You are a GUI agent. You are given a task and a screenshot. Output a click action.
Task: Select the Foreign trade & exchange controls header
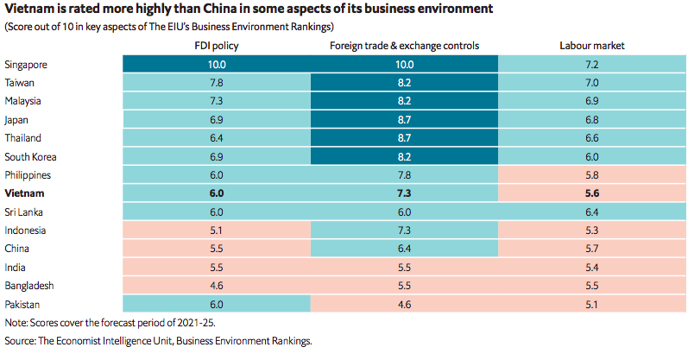point(404,45)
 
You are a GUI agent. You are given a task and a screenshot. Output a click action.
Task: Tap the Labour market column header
point(591,45)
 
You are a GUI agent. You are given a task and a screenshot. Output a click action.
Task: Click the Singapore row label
point(26,65)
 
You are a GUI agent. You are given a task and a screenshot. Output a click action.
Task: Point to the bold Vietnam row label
point(23,193)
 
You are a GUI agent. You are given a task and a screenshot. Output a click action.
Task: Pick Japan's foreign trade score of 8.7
point(404,120)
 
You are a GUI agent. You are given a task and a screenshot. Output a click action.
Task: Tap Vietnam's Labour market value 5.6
point(591,193)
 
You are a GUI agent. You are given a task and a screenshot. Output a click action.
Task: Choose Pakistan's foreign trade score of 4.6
point(404,304)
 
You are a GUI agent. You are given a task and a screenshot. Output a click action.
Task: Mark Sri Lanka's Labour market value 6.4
point(591,212)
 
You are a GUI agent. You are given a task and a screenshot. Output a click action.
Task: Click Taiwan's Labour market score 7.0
point(591,83)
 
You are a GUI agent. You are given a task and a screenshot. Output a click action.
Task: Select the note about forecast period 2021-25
point(109,322)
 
